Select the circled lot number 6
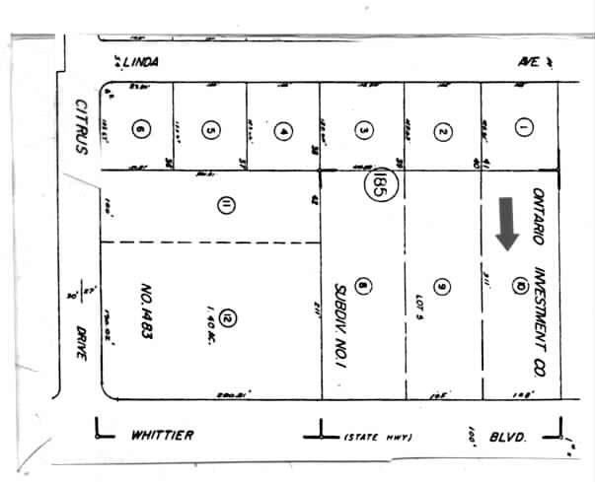point(142,128)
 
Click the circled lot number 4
point(283,129)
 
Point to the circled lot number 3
point(363,129)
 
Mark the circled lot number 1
point(523,127)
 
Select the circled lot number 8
point(362,287)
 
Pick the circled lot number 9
point(442,287)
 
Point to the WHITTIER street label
point(161,435)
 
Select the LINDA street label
point(138,61)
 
